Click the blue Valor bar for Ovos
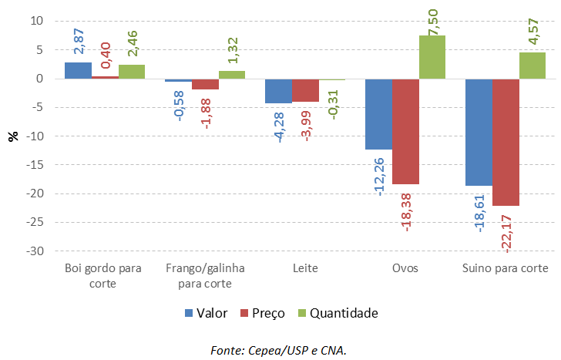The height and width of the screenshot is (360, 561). (378, 114)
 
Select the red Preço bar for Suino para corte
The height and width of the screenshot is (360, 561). (506, 142)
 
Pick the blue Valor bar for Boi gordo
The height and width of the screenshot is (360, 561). (78, 70)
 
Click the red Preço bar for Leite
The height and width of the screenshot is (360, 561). (305, 90)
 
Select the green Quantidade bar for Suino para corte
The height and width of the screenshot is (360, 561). (532, 66)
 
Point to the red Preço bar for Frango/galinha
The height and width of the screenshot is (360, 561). (205, 84)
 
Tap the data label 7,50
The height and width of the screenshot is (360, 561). (432, 18)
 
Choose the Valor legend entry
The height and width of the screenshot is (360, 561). (206, 314)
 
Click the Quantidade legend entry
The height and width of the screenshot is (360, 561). (338, 314)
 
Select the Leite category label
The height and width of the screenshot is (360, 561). (305, 269)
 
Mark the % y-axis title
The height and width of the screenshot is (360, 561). (13, 136)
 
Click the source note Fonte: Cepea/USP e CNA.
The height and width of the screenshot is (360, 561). (279, 351)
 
